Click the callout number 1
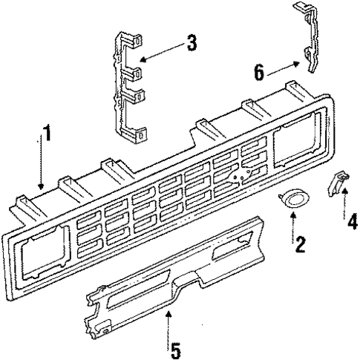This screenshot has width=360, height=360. coord(48,135)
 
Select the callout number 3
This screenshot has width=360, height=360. coord(192,43)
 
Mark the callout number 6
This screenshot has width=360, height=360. coord(259,71)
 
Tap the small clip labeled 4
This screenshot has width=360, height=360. coord(336,183)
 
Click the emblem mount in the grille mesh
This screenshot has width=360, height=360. coord(238,177)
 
